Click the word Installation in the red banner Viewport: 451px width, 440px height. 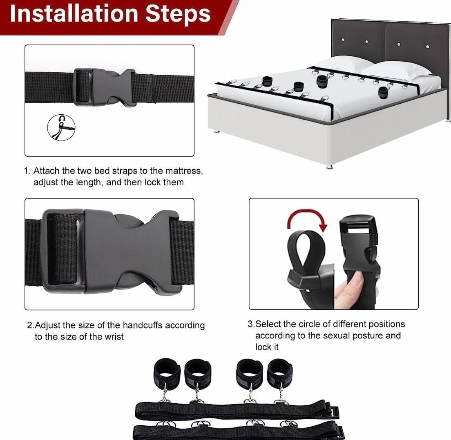click(x=74, y=13)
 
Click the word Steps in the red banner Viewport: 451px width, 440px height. click(x=178, y=14)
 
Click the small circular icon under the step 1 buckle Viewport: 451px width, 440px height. click(x=61, y=128)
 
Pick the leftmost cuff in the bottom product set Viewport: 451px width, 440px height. click(x=167, y=373)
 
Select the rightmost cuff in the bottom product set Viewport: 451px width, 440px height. click(x=280, y=373)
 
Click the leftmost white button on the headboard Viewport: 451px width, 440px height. click(x=343, y=40)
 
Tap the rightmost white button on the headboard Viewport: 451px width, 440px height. click(x=427, y=47)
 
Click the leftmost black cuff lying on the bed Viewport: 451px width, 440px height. click(x=267, y=81)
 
